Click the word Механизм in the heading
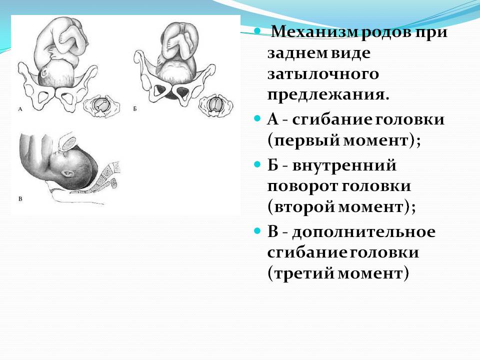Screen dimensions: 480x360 (314, 31)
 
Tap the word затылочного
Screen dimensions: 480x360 (323, 74)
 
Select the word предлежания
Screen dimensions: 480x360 (328, 95)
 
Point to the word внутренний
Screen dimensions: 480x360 (344, 165)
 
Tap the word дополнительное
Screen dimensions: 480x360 (363, 231)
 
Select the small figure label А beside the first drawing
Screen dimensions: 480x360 (20, 108)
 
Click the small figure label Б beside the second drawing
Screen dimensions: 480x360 (135, 108)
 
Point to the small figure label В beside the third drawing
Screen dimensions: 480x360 (20, 198)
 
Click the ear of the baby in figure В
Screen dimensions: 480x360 (67, 174)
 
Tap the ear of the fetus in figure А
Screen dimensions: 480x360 (43, 73)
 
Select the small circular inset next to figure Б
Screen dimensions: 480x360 (215, 105)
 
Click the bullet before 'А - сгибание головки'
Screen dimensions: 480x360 (257, 118)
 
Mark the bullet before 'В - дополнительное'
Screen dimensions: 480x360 (257, 230)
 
